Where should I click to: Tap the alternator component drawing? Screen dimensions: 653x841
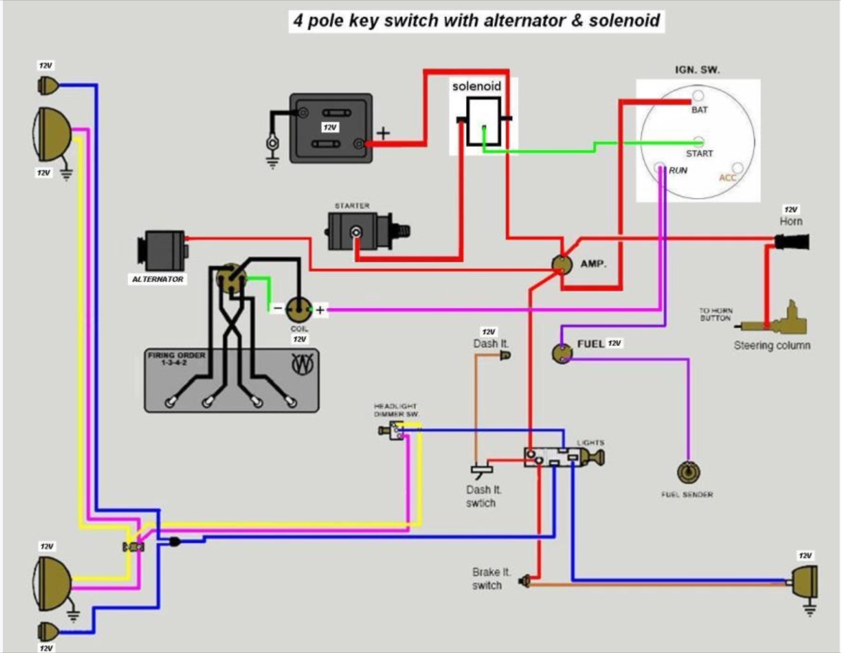[x=162, y=250]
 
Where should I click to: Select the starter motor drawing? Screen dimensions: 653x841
[x=362, y=231]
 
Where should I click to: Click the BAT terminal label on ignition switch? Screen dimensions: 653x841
[x=699, y=110]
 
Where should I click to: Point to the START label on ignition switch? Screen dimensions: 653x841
[x=699, y=154]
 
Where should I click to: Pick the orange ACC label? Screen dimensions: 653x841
[x=727, y=178]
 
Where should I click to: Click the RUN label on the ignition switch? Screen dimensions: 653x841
[x=678, y=171]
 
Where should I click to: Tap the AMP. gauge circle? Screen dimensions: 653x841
[x=562, y=264]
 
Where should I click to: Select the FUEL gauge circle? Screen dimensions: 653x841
[x=562, y=353]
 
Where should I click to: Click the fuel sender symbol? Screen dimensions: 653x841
[x=688, y=473]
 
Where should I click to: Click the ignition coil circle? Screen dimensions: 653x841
[x=299, y=309]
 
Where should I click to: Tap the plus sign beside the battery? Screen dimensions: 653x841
[x=383, y=133]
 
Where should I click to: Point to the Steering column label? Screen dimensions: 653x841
[x=772, y=346]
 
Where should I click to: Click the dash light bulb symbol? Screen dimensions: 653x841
[x=505, y=356]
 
